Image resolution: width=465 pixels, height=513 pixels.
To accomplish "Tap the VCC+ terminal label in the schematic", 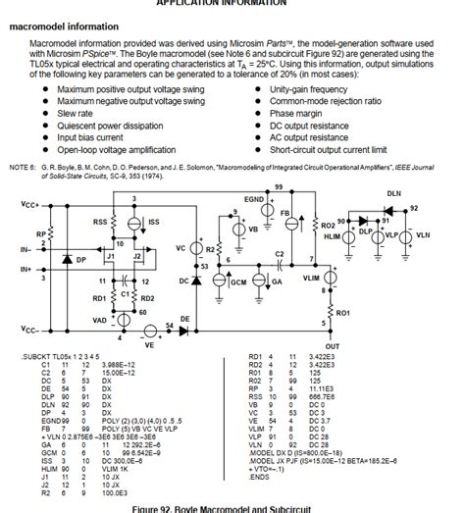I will [30, 204].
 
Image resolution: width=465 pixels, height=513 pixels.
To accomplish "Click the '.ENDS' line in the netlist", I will [262, 478].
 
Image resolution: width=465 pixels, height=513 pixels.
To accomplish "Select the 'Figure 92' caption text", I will [232, 507].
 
